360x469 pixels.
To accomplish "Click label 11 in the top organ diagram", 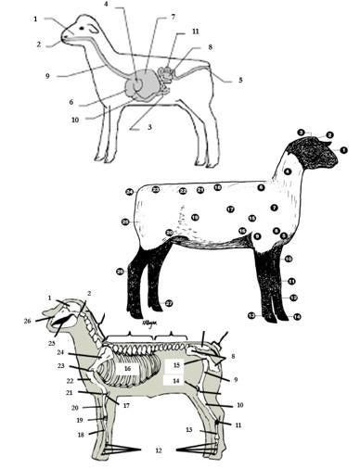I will (195, 32).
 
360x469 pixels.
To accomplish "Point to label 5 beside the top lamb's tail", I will (239, 81).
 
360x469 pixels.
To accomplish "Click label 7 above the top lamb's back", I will (173, 18).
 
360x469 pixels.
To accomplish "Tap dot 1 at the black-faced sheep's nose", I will (343, 149).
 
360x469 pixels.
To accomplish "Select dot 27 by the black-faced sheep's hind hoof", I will (169, 303).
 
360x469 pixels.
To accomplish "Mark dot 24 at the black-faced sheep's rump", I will (130, 192).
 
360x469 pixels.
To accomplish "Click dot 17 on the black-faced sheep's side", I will (229, 209).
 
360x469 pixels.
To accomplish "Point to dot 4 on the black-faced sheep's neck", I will (289, 172).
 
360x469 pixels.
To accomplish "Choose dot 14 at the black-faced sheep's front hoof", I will (297, 317).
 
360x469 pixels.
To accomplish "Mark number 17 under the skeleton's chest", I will (124, 405).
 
